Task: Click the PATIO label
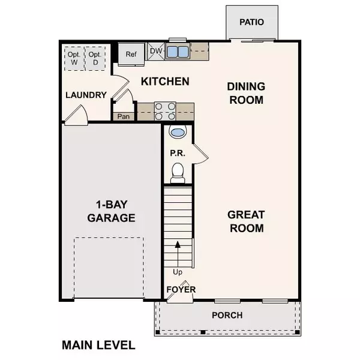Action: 252,22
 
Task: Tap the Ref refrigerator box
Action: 131,53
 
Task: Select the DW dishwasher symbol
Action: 155,52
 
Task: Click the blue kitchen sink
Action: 177,51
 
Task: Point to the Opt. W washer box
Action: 73,56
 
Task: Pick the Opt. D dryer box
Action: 95,56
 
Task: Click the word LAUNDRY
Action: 86,95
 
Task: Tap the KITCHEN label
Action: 165,81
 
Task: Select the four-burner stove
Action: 166,111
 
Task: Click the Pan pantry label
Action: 124,116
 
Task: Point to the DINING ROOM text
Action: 245,93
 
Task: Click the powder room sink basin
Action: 178,132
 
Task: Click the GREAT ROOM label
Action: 245,221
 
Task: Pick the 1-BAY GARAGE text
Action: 111,211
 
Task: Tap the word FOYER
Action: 181,290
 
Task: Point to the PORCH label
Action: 227,315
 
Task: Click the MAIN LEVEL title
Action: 99,345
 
